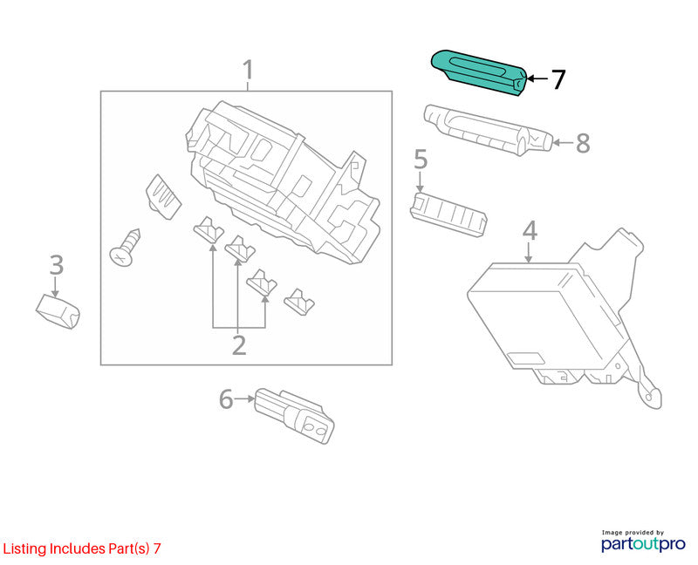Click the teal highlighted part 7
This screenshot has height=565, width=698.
(478, 72)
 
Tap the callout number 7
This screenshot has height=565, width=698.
(558, 79)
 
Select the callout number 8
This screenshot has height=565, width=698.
(583, 143)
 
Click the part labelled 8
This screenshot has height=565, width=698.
(488, 129)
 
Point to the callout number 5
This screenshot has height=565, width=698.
(421, 160)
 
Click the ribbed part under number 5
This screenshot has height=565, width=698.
(448, 214)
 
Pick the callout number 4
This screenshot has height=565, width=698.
(530, 230)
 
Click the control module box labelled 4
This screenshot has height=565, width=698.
(563, 317)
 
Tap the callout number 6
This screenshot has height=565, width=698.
(226, 398)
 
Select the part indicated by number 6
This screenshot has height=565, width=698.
(294, 416)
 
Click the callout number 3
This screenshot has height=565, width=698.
(57, 265)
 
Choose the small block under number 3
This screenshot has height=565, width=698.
(58, 310)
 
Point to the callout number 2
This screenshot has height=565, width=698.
(239, 345)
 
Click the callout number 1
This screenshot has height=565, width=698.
(248, 70)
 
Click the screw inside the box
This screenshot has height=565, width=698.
(125, 248)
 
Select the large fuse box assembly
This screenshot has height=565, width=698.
(283, 182)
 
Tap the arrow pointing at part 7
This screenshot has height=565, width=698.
(537, 79)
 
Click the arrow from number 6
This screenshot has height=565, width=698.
(244, 398)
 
